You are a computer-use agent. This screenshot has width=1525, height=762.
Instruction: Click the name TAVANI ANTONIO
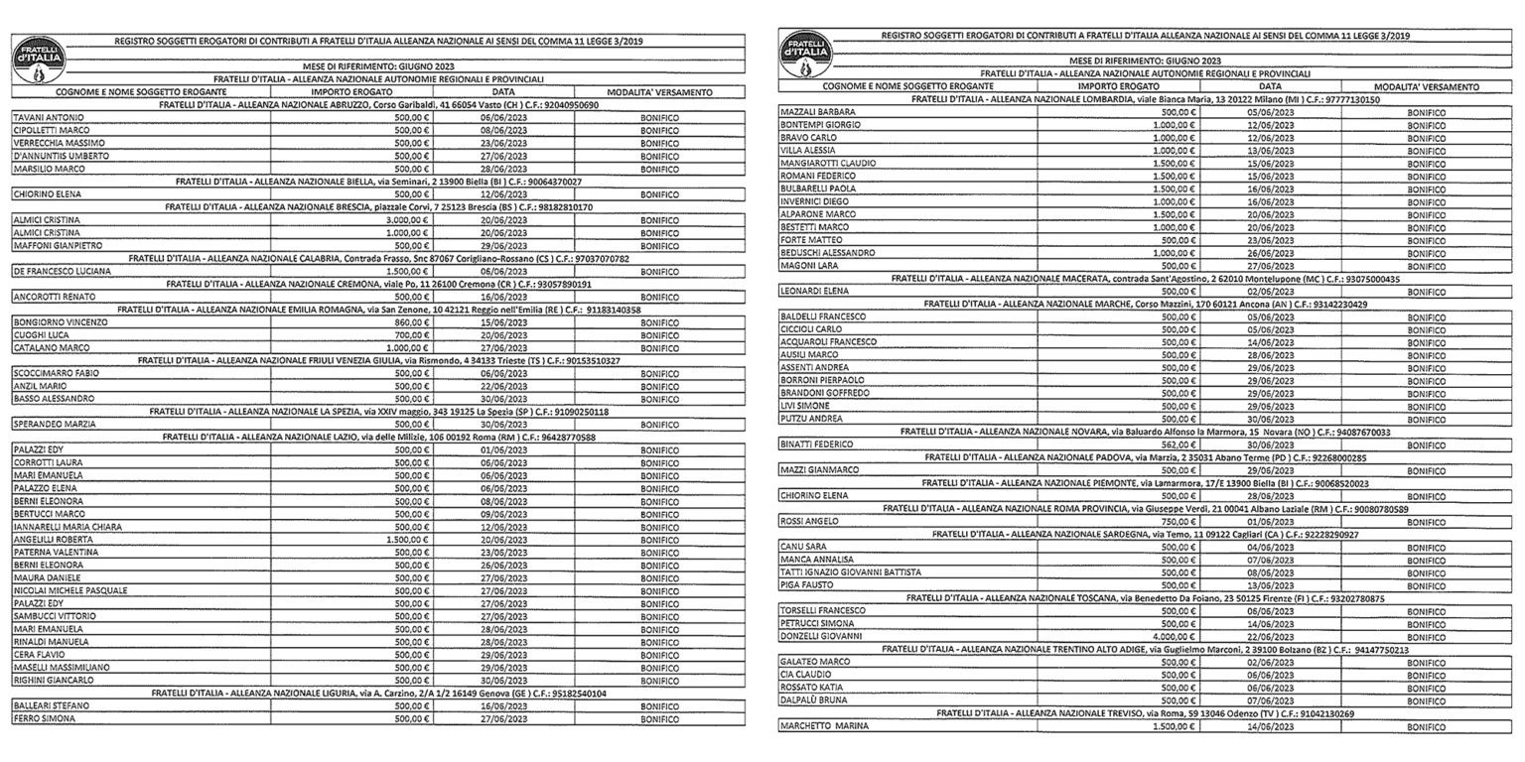click(48, 118)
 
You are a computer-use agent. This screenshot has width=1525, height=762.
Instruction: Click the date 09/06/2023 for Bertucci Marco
click(502, 514)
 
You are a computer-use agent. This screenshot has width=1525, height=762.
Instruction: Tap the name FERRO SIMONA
click(43, 719)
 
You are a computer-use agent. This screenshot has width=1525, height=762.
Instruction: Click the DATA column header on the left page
click(502, 92)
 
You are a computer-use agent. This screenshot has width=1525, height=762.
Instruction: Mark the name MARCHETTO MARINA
click(824, 726)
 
